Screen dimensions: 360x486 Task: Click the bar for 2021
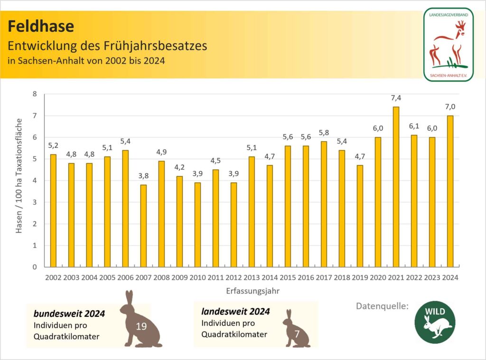396,187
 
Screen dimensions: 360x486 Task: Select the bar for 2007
143,226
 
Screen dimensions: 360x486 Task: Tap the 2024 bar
450,191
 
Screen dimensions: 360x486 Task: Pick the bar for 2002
53,210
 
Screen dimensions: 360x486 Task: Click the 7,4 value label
396,98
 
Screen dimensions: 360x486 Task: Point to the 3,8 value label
143,176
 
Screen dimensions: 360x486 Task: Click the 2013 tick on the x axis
252,277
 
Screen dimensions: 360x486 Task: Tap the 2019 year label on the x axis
360,277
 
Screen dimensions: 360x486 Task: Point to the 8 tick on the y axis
34,94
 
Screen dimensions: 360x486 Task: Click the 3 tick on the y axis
34,202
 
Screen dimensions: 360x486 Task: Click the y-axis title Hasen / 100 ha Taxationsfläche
19,180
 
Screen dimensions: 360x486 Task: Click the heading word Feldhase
41,26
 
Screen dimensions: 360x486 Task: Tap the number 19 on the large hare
140,326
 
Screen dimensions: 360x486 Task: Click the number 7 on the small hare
297,334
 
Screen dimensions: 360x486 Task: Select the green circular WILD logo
435,322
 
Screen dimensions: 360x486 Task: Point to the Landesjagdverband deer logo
448,44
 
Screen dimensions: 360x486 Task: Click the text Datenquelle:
382,306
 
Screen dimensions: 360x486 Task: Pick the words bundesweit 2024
69,314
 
